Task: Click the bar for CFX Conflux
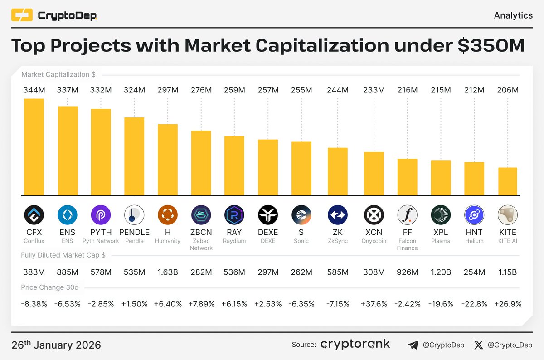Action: [x=34, y=147]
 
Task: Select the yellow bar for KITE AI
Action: [x=507, y=181]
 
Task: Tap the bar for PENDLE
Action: [x=134, y=156]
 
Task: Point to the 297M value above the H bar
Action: [x=168, y=90]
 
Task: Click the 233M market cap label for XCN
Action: [x=374, y=90]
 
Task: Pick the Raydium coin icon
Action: [x=234, y=215]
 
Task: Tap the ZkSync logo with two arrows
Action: [x=338, y=215]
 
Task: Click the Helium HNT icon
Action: [x=474, y=215]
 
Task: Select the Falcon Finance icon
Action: [x=407, y=215]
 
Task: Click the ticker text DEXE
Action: [x=268, y=233]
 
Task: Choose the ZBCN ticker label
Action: [x=201, y=233]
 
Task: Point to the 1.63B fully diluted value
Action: [x=168, y=272]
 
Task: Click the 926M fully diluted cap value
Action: [x=407, y=272]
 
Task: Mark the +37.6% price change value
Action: [x=374, y=304]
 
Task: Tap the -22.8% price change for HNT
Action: [x=474, y=304]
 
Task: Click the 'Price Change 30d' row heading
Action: [x=49, y=287]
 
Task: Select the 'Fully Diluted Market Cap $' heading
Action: [x=63, y=255]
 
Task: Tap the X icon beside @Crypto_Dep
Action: [x=478, y=345]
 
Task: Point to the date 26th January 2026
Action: [x=56, y=345]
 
